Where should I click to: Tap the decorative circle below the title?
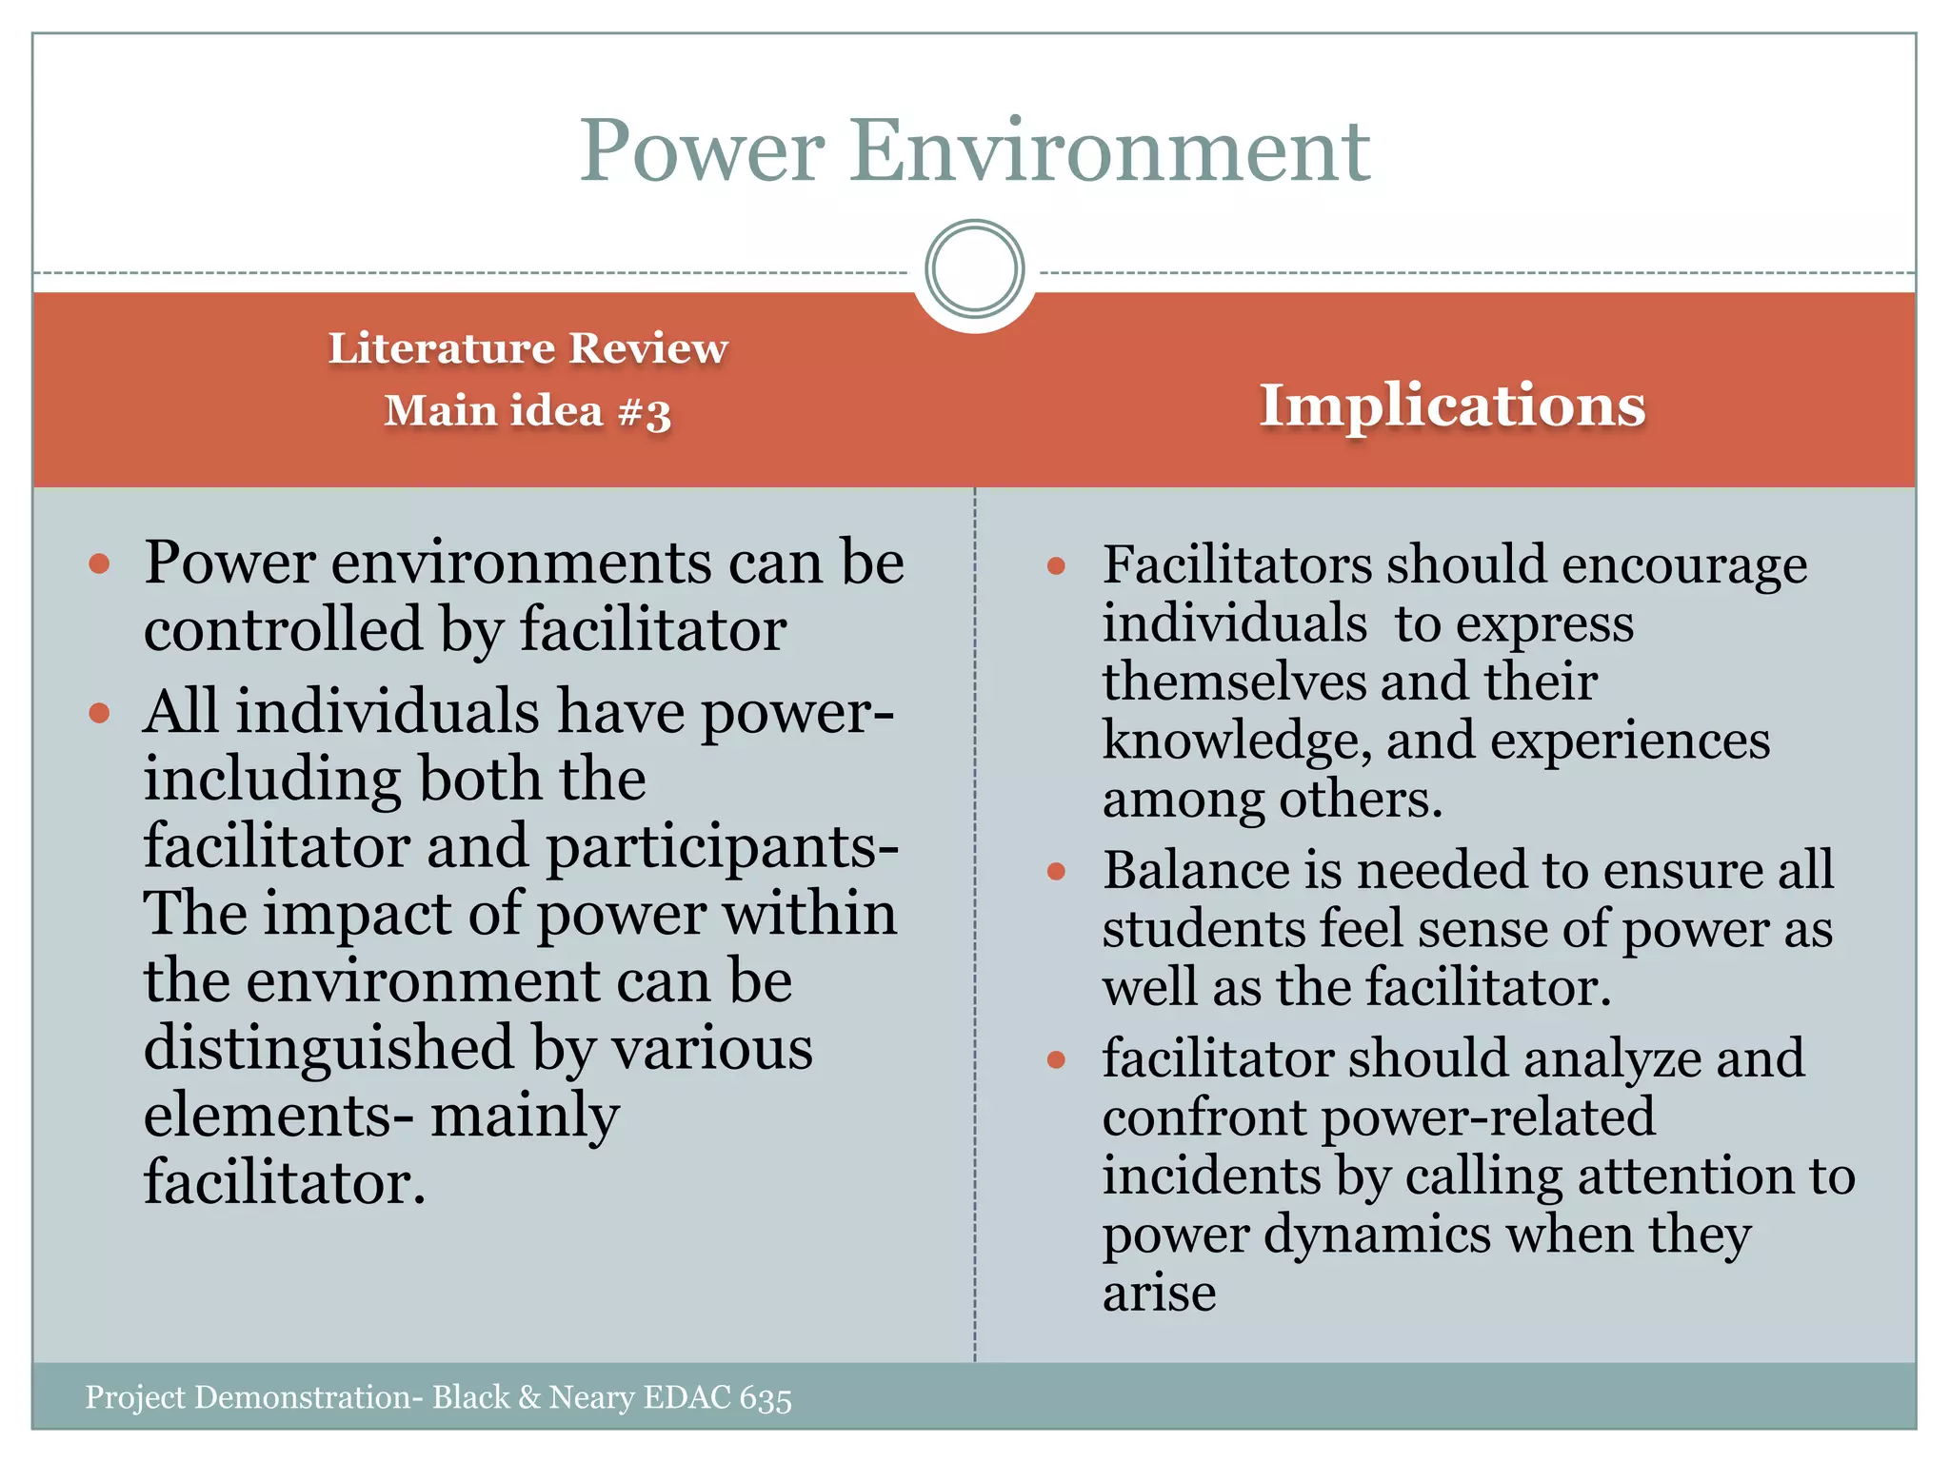point(974,268)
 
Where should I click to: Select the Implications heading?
point(1452,405)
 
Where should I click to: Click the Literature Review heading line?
point(527,348)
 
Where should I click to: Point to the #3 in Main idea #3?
point(645,413)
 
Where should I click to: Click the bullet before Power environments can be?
point(99,564)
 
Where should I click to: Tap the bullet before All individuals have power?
point(99,713)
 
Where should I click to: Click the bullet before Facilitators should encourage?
point(1055,567)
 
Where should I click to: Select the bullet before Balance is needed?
point(1055,872)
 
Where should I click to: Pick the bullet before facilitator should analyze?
point(1055,1059)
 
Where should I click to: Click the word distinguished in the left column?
point(329,1048)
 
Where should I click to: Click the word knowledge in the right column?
point(1236,741)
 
